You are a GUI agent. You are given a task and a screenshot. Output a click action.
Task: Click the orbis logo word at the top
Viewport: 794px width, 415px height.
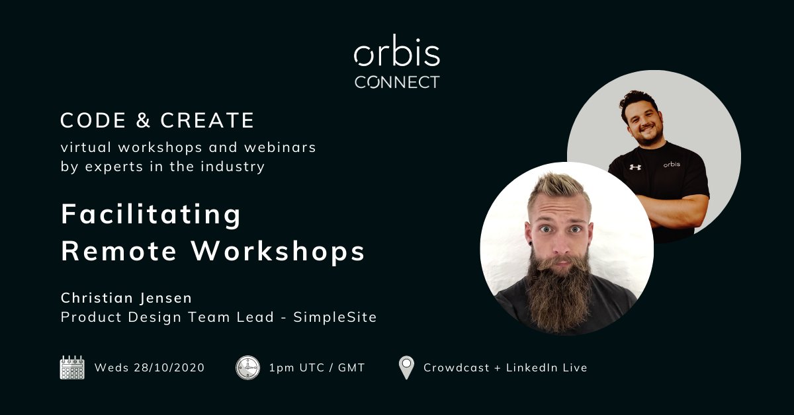pos(397,55)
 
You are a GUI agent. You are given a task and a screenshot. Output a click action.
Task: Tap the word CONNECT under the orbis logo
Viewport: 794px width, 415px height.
pos(397,83)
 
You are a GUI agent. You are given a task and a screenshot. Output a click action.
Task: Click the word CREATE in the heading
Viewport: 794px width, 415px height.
pos(208,121)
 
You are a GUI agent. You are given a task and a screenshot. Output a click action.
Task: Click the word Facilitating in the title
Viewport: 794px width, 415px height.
pos(152,215)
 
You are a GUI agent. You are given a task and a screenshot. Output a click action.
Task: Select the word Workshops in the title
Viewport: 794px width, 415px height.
pos(278,252)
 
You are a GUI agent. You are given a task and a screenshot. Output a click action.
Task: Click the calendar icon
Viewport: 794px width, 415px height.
pos(72,367)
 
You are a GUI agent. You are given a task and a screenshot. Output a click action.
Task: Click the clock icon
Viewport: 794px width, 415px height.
pos(247,367)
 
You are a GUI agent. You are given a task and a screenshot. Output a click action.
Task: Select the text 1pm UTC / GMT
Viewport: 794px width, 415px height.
pos(317,367)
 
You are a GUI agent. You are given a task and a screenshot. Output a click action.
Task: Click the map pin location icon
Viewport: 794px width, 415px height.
pos(406,367)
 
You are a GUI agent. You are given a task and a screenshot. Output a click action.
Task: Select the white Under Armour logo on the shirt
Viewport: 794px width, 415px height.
pos(635,167)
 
